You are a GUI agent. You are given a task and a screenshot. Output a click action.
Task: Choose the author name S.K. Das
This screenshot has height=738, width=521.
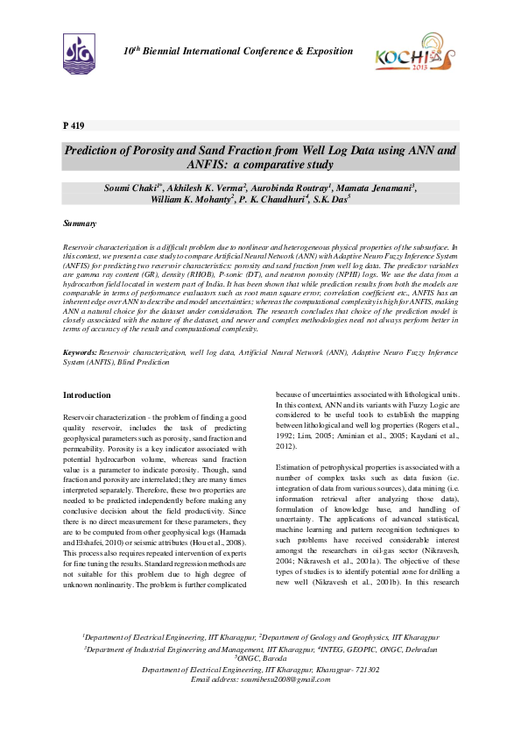[332, 200]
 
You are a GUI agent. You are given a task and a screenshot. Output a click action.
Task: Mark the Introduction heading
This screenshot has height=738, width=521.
[87, 395]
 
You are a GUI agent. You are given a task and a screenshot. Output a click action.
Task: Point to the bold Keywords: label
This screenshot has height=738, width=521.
[81, 352]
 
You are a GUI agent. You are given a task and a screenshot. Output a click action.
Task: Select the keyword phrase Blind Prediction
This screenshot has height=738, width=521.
[144, 361]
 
